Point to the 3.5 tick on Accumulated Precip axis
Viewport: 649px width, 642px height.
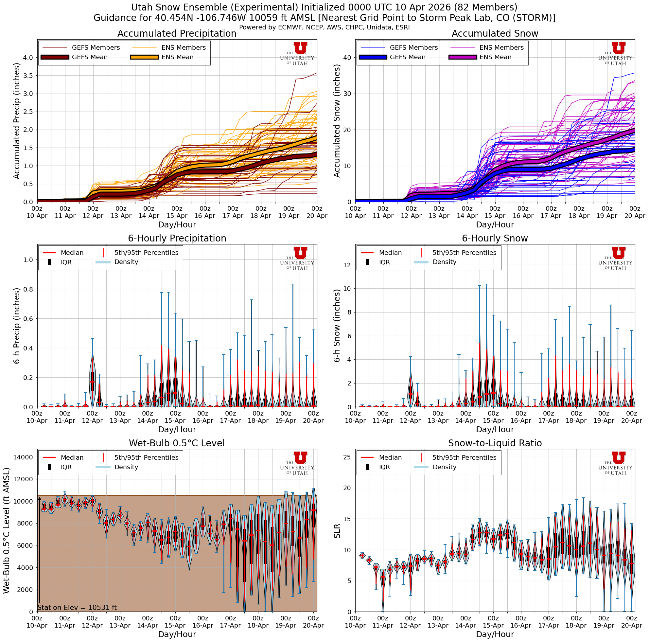point(28,76)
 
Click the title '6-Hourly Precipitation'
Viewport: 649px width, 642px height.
point(177,238)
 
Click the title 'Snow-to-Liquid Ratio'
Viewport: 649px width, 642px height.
point(495,443)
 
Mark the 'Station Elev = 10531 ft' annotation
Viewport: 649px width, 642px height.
point(77,608)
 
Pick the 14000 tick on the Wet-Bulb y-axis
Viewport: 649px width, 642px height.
point(23,457)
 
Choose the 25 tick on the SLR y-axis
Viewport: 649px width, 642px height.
point(347,457)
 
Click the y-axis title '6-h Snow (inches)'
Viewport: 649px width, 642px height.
point(337,326)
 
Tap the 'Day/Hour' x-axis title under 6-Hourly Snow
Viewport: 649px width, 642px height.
point(495,429)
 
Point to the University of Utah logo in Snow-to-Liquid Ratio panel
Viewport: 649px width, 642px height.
point(615,463)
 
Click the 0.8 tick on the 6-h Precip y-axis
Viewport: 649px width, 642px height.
point(28,289)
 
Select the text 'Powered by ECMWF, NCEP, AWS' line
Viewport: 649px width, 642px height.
point(324,27)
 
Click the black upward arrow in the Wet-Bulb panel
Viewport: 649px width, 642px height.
point(40,551)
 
